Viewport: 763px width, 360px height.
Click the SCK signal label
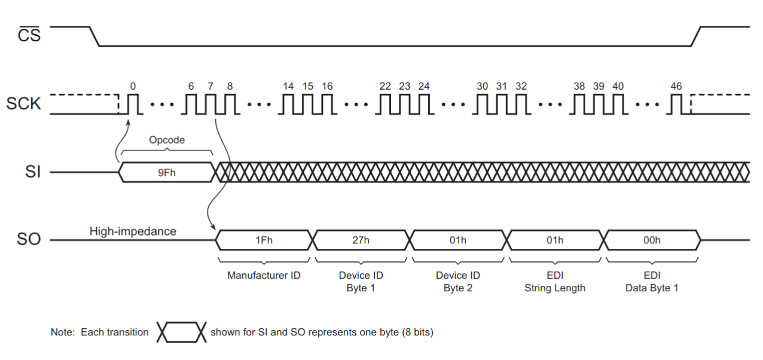point(24,104)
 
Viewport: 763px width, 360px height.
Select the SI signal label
point(32,173)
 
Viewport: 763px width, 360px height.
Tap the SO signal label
point(29,240)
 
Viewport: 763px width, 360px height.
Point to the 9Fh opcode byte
point(167,173)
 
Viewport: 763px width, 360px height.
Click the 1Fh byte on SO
point(264,240)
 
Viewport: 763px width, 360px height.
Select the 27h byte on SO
point(361,240)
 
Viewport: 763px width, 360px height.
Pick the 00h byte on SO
point(652,240)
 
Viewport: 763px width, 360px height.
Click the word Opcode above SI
point(167,140)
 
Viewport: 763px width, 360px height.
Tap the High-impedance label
point(133,231)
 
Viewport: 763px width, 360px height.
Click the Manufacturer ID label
point(264,276)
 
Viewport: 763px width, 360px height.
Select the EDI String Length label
point(555,282)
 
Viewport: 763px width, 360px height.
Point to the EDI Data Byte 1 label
point(652,282)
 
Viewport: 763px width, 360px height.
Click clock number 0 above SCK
point(133,86)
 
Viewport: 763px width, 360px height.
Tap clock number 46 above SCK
point(676,86)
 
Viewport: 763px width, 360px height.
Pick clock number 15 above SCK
point(307,86)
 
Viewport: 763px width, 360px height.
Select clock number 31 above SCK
point(501,86)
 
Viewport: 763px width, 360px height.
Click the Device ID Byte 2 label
point(458,282)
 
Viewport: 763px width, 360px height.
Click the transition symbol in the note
point(180,332)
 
